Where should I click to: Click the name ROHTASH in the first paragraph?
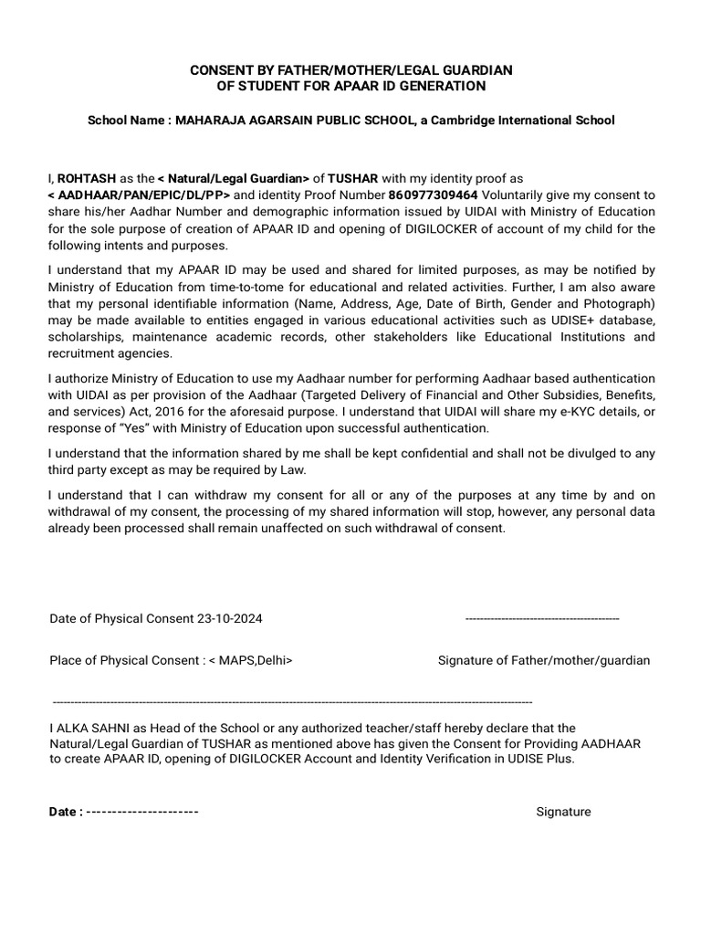(86, 179)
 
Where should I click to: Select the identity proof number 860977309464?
(433, 195)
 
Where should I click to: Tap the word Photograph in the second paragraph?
(619, 303)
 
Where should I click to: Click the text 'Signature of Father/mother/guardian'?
(544, 660)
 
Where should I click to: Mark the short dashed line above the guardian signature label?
(542, 619)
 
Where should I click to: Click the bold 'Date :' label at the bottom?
(66, 812)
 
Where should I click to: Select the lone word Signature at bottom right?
(563, 812)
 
